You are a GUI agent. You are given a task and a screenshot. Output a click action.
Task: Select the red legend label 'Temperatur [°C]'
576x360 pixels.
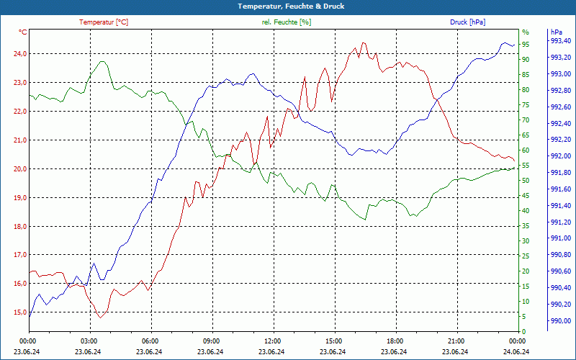(104, 22)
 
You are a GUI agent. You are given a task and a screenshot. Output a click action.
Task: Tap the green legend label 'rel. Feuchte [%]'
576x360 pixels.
(287, 22)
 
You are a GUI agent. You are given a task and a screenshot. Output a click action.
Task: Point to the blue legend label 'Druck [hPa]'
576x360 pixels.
(467, 22)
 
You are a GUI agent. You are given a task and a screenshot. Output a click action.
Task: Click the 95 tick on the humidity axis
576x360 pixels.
(526, 45)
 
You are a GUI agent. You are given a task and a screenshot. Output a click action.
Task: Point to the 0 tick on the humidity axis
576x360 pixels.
(523, 331)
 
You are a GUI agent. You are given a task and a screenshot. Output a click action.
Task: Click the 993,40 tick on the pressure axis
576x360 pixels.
(560, 40)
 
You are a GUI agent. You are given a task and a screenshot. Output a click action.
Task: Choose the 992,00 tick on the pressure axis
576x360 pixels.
(560, 156)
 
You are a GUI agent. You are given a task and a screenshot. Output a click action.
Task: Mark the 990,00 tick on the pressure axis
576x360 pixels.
(560, 321)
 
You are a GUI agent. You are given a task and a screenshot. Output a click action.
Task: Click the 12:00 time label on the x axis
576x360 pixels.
(272, 341)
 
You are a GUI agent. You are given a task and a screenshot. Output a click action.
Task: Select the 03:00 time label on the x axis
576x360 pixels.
(89, 341)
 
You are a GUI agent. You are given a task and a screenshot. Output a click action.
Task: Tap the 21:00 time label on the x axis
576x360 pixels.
(455, 341)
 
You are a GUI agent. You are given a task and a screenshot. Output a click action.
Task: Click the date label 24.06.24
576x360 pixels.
(516, 351)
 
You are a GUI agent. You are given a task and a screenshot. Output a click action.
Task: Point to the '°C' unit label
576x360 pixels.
(22, 32)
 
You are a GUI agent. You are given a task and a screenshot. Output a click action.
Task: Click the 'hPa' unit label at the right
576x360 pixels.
(556, 32)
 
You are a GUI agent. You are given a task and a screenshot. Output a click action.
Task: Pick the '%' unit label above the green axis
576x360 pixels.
(525, 32)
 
